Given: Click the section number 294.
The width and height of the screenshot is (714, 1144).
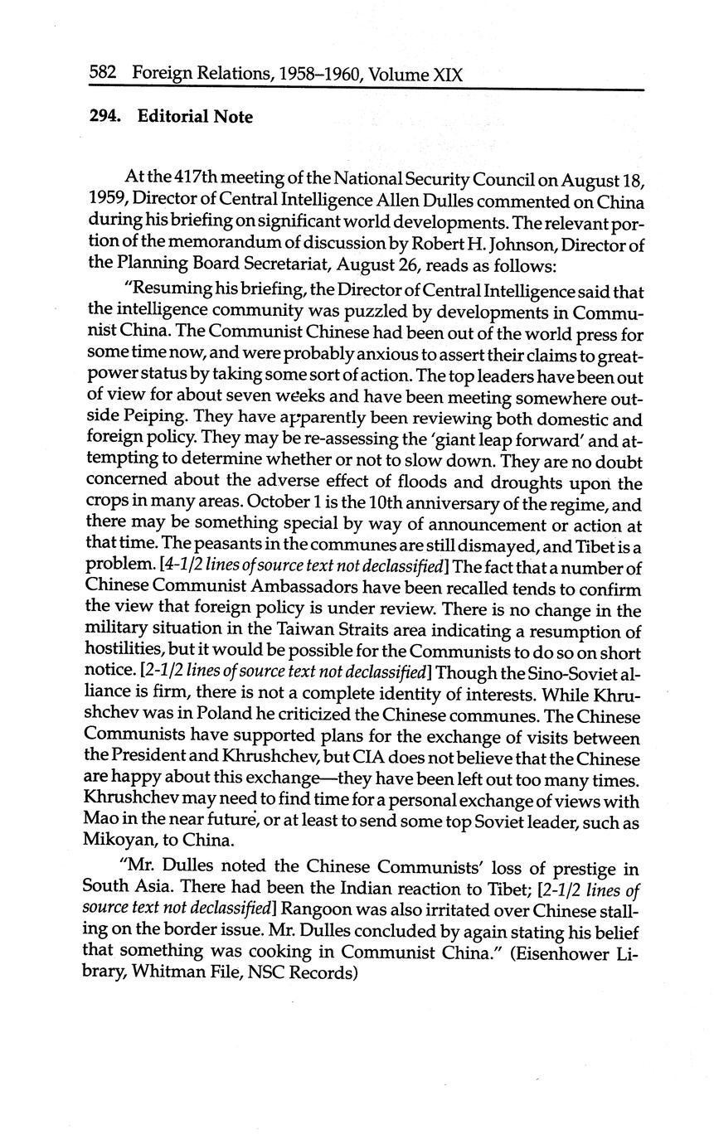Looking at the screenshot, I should point(105,117).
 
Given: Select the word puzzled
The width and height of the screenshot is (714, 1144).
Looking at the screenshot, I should point(338,313).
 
